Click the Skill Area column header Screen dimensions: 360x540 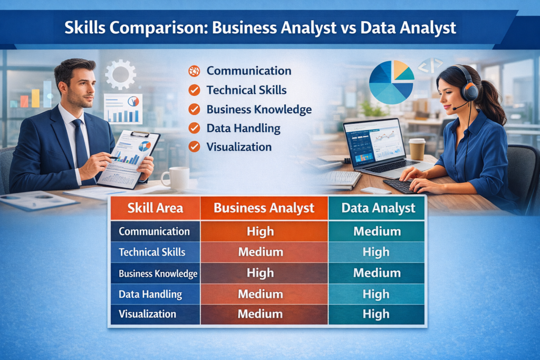tap(155, 208)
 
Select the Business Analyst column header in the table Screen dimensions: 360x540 tap(264, 208)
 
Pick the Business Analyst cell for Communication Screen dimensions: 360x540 tap(260, 231)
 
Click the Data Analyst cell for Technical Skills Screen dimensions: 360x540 tap(376, 252)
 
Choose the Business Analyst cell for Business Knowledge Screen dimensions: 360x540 tap(260, 273)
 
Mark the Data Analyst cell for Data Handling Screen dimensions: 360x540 tap(376, 294)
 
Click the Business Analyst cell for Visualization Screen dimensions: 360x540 tap(260, 314)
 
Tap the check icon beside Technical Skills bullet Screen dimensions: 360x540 tap(194, 90)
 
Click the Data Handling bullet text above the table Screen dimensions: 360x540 tap(243, 128)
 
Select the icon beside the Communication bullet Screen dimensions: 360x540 tap(194, 71)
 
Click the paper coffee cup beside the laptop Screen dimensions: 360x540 tap(417, 149)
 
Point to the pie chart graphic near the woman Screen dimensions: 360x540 tap(391, 82)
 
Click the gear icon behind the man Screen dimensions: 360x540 tap(120, 74)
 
